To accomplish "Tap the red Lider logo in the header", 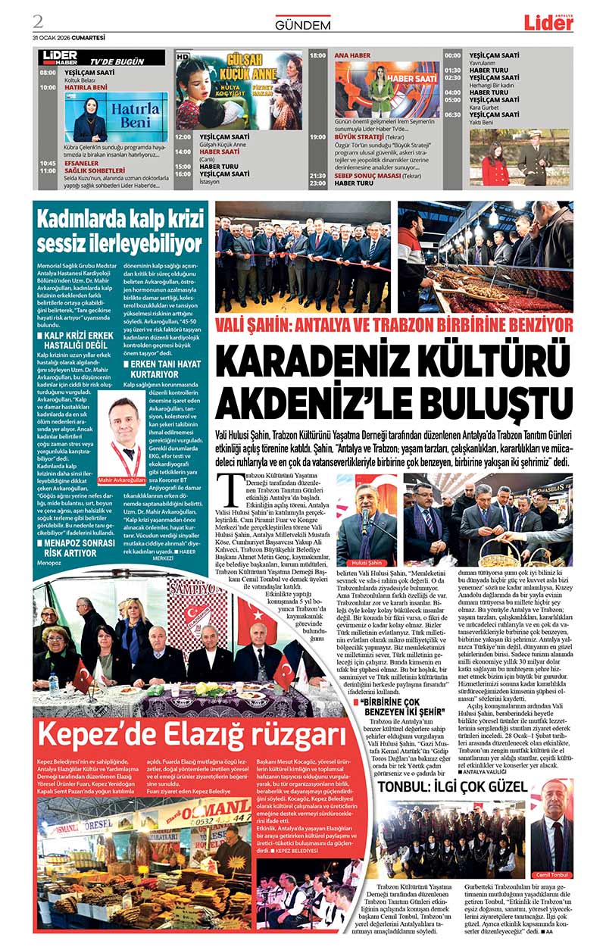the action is click(548, 23).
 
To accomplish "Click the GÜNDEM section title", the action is click(303, 25).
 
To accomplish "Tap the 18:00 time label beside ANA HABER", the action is click(318, 55).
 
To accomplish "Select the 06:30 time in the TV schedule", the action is click(453, 114).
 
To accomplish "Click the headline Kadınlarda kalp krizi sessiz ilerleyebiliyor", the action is click(120, 232).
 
